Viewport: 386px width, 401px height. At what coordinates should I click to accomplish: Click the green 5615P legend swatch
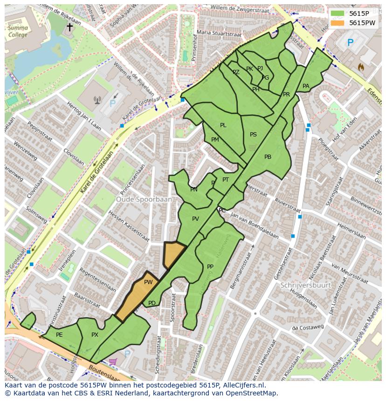point(338,14)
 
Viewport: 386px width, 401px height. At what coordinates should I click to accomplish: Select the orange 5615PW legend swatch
point(338,23)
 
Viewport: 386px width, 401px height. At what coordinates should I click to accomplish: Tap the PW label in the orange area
point(148,282)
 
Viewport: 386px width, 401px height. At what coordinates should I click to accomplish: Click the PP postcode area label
point(210,267)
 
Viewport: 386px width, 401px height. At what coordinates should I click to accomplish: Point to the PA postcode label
point(306,86)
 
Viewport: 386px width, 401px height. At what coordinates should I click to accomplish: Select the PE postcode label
point(59,334)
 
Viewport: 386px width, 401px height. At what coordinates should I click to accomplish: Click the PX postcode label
point(95,334)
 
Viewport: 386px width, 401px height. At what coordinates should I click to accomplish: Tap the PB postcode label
point(268,157)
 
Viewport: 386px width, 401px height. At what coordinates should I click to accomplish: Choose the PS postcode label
point(253,135)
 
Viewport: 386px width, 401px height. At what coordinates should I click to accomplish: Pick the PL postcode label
point(223,125)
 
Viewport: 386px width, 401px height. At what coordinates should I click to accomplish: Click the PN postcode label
point(194,190)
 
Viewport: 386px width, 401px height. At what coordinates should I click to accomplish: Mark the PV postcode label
point(195,218)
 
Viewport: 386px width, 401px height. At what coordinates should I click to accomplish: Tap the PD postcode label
point(152,303)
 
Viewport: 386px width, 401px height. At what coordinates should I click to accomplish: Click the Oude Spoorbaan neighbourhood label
point(144,199)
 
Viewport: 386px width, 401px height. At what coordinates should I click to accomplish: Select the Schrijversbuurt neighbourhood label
point(306,285)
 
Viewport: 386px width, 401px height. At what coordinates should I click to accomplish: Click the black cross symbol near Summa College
point(69,27)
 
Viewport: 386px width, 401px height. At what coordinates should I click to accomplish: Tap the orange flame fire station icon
point(360,67)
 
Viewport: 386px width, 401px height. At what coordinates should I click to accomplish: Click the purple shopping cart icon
point(112,361)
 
